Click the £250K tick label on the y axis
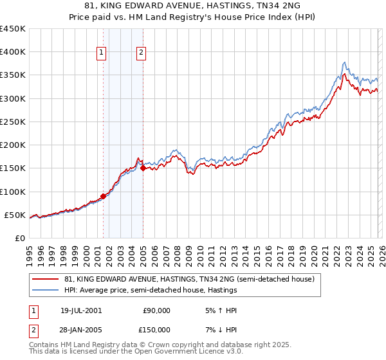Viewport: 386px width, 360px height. (13, 122)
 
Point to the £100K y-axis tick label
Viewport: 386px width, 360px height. (13, 192)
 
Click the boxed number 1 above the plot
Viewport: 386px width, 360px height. (102, 53)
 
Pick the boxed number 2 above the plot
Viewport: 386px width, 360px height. (141, 53)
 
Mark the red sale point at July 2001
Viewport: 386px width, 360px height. (104, 196)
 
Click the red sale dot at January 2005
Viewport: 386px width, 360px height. (143, 168)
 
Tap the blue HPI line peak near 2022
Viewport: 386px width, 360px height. (345, 62)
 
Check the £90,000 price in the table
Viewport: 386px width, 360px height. (156, 310)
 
